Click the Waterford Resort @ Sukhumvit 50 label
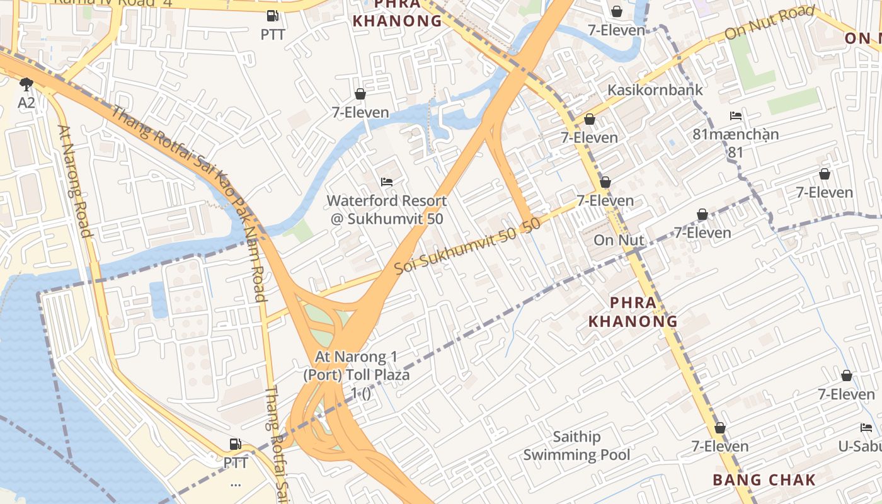(x=387, y=210)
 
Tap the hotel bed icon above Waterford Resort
(x=387, y=182)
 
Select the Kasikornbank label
(x=655, y=90)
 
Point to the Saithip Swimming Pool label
(x=576, y=445)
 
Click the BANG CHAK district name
(x=764, y=480)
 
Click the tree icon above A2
(x=26, y=84)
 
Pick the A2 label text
(x=26, y=102)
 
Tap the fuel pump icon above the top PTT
(x=273, y=16)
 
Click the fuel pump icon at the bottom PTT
(x=235, y=444)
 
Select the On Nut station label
(x=619, y=240)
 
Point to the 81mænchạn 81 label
(x=735, y=143)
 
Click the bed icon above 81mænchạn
(x=735, y=116)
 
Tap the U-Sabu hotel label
(x=859, y=446)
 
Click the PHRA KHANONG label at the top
(x=397, y=13)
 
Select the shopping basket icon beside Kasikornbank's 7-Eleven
(x=590, y=119)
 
